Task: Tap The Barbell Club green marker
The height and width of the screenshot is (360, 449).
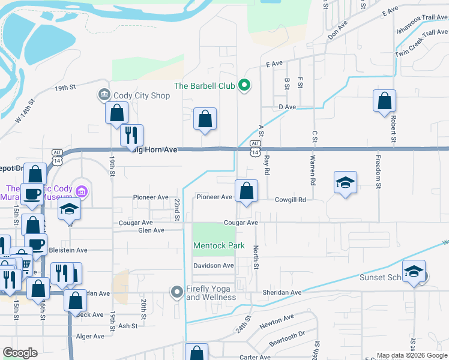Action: (244, 85)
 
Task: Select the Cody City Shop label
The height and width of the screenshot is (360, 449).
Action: (143, 95)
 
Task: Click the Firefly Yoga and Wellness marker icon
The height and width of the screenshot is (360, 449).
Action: (176, 292)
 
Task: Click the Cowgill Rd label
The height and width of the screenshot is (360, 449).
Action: (291, 200)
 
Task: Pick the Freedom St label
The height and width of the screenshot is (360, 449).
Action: (378, 173)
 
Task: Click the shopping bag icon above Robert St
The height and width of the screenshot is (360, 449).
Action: (384, 101)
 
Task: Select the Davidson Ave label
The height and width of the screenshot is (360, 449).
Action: (213, 265)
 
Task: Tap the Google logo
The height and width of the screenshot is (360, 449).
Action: (20, 353)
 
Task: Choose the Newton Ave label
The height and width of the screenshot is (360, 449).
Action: (277, 322)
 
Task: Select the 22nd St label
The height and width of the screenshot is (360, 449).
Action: (177, 210)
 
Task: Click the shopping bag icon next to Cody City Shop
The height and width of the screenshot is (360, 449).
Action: (116, 112)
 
